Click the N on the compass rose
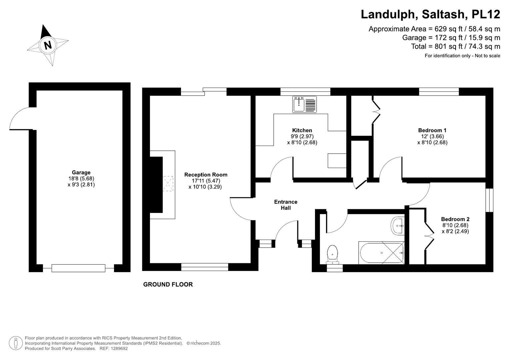(48, 45)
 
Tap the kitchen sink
(304, 105)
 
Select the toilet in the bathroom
(332, 255)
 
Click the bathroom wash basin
(398, 226)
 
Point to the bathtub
(382, 253)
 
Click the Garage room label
(81, 172)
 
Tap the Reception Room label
(206, 175)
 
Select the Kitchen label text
(302, 130)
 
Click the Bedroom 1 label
(432, 130)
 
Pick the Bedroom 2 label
(455, 219)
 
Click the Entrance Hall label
(286, 205)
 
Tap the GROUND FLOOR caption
(168, 284)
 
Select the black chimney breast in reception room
(156, 185)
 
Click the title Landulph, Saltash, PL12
(430, 14)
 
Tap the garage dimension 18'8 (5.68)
(81, 178)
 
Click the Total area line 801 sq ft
(456, 46)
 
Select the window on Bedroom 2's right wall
(489, 200)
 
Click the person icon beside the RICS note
(16, 343)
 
